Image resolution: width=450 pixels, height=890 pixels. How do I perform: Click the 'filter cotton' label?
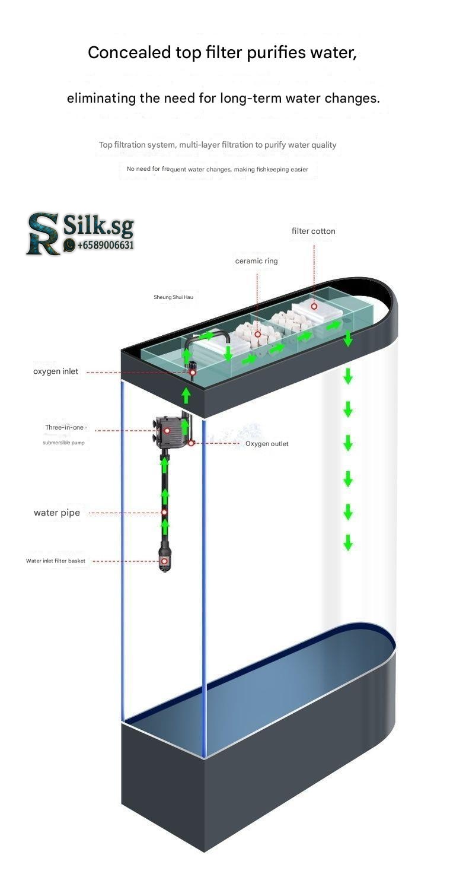(x=313, y=231)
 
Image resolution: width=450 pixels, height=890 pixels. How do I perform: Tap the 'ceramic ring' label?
(x=256, y=260)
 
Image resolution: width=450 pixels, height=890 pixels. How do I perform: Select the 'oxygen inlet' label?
(x=55, y=371)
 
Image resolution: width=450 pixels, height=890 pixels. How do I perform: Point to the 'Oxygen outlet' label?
(x=267, y=444)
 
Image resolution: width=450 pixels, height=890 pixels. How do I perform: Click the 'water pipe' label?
(x=56, y=513)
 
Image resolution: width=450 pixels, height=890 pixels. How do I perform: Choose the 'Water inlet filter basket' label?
(x=56, y=561)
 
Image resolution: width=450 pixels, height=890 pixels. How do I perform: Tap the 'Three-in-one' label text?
(x=65, y=427)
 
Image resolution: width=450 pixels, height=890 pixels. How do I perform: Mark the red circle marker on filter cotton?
(x=314, y=307)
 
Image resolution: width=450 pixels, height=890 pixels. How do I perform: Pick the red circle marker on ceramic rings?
(x=258, y=334)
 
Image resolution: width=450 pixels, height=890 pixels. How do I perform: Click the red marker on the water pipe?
(x=165, y=513)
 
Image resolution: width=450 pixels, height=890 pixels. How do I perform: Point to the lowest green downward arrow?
(x=348, y=542)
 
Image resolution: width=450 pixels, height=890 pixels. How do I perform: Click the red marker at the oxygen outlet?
(x=192, y=443)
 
